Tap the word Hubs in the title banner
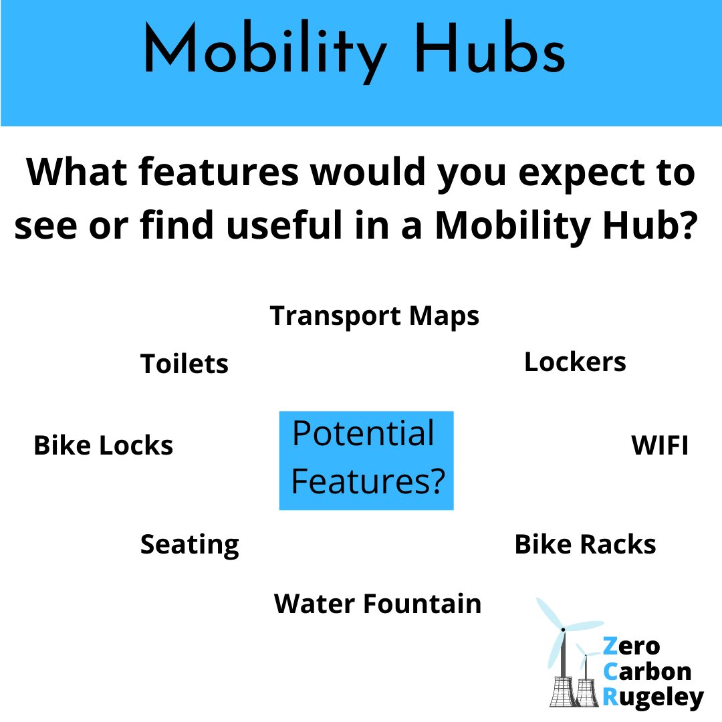tap(491, 52)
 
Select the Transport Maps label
tap(374, 316)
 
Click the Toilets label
tap(185, 364)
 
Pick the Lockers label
tap(575, 362)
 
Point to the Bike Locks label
tap(103, 445)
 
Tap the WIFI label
tap(660, 446)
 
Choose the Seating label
tap(189, 546)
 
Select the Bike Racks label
tap(585, 545)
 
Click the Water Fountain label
tap(378, 604)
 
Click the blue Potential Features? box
tap(366, 460)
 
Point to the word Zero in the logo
tap(631, 646)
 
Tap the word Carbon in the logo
tap(646, 672)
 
